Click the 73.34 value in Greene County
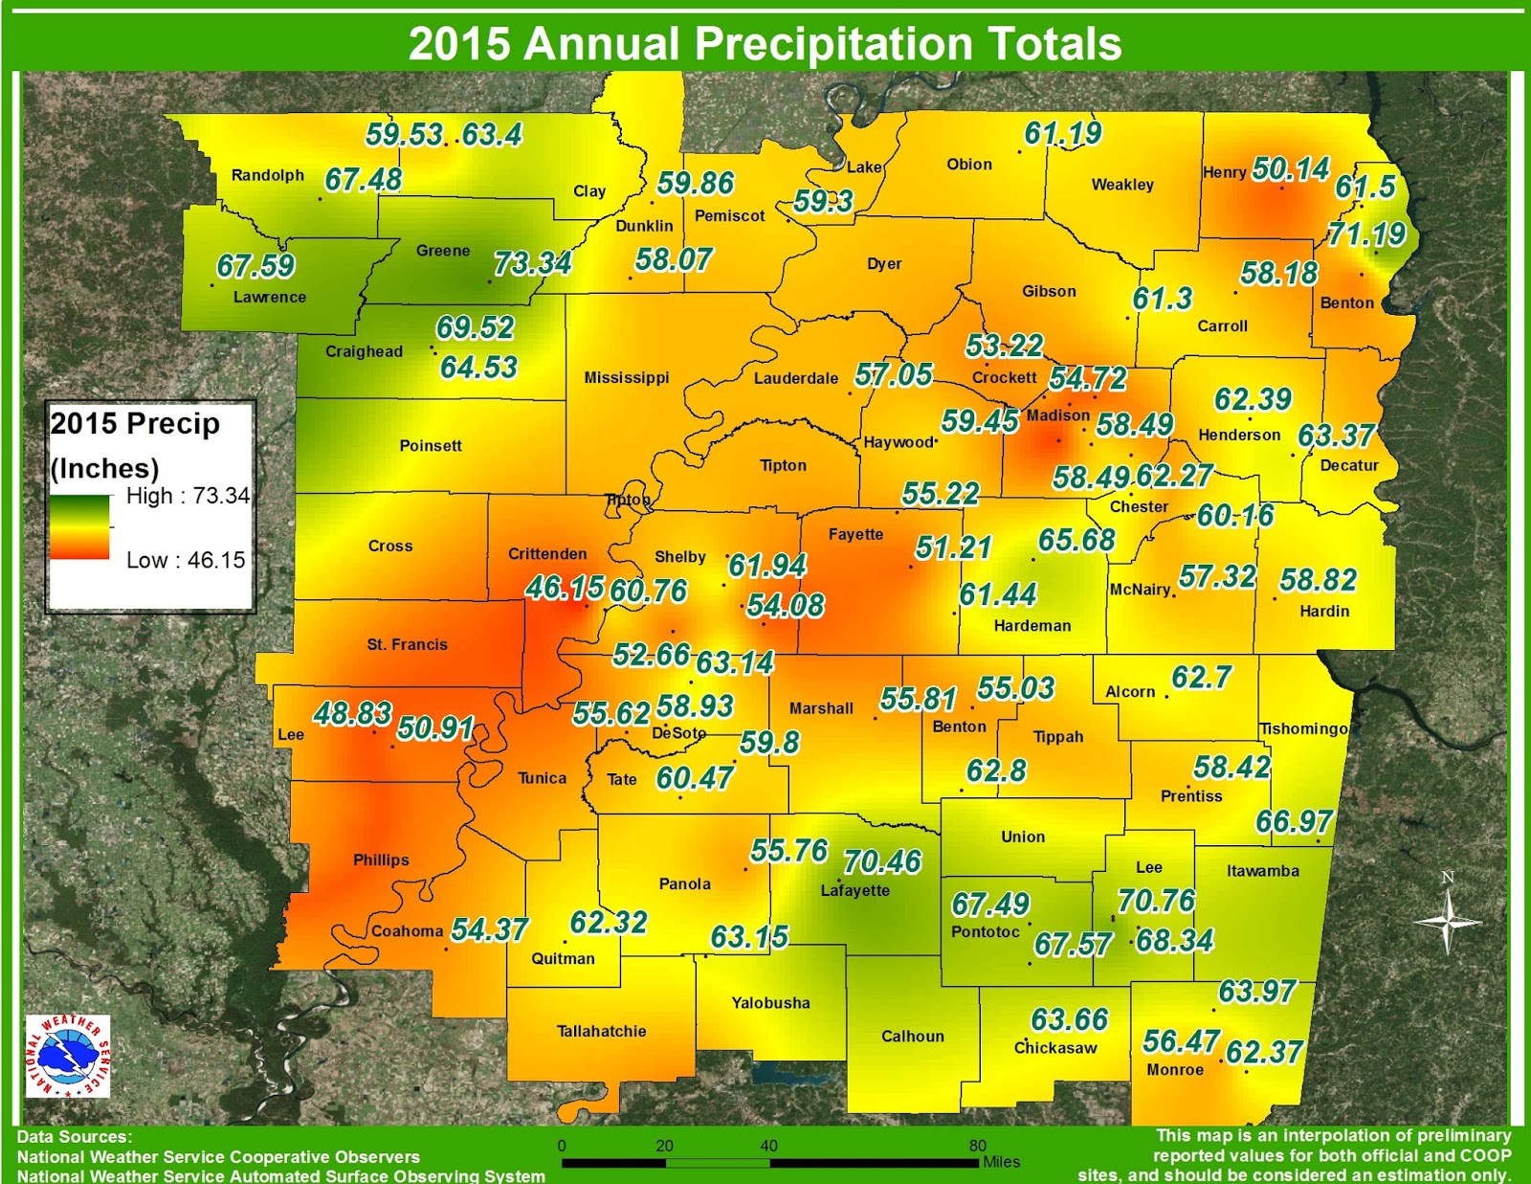532,263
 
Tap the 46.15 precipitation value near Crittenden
565,588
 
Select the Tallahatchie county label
601,1031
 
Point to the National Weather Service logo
67,1057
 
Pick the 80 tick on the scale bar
977,1146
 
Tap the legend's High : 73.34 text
188,496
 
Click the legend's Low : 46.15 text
186,560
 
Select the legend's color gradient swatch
79,526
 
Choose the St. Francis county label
407,644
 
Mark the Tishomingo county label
1303,728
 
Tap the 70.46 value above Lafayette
882,861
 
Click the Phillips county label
381,860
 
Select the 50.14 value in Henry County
1290,169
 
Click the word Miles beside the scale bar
1001,1162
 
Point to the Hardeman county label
1032,625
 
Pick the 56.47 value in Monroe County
1181,1041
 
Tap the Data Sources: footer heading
74,1137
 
